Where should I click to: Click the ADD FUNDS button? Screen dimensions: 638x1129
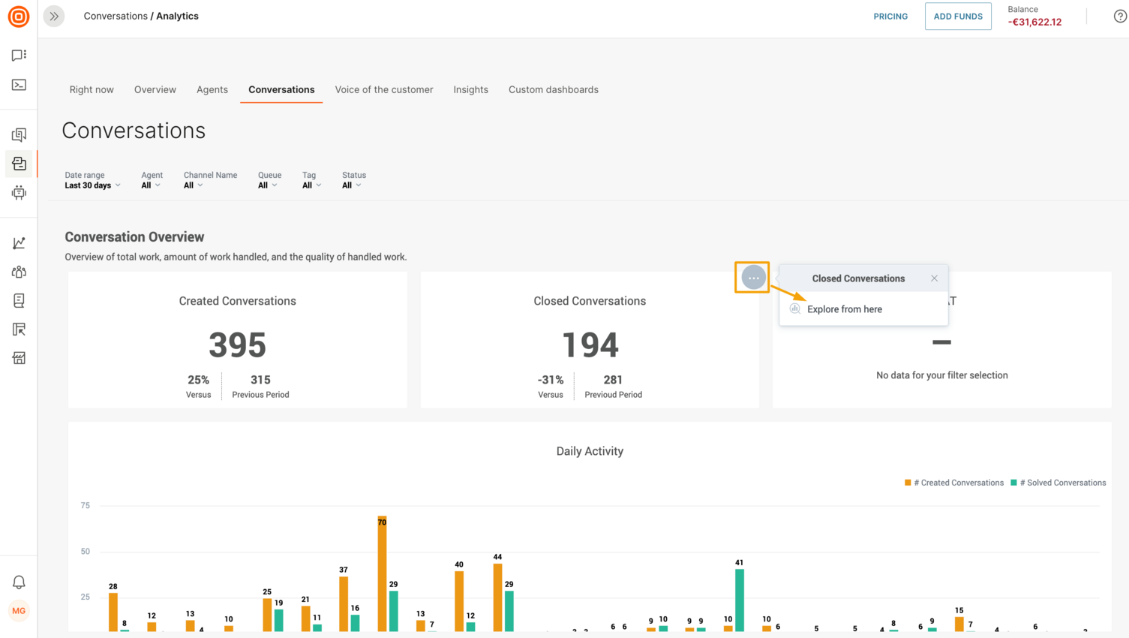(x=958, y=17)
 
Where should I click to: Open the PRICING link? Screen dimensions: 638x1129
(x=890, y=17)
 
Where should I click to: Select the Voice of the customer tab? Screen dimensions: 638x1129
(x=384, y=89)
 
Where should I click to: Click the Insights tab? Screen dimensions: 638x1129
(x=470, y=89)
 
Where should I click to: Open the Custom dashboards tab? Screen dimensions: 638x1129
(x=554, y=89)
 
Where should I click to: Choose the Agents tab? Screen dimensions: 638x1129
(x=212, y=89)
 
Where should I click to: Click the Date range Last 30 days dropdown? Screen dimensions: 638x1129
(x=92, y=185)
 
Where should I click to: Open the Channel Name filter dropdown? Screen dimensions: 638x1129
(x=193, y=185)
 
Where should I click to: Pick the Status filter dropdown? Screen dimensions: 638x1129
(x=352, y=185)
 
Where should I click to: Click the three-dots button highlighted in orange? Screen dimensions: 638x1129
(x=753, y=278)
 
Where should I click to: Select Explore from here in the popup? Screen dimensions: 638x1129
(x=844, y=309)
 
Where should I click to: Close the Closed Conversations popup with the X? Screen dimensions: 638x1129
(x=934, y=278)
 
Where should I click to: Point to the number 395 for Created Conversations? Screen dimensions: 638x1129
(x=237, y=345)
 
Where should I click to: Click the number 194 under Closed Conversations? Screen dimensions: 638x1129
(x=590, y=345)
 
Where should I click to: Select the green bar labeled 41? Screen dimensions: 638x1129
(x=740, y=600)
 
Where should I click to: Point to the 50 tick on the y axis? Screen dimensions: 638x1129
(x=86, y=552)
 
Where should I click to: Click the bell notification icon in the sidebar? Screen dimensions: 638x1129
(x=19, y=582)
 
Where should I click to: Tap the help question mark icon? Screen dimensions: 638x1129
(x=1120, y=17)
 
